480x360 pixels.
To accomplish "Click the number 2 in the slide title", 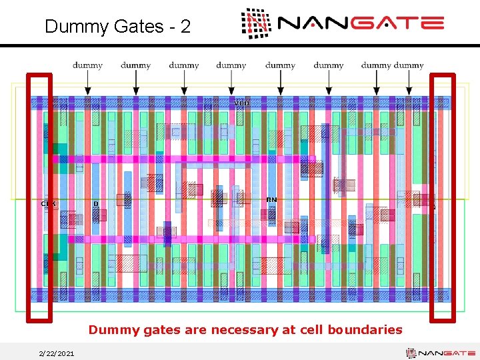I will [x=185, y=27].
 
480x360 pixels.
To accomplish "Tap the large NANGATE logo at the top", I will [x=342, y=24].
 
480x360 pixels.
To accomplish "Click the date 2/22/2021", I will [x=57, y=353].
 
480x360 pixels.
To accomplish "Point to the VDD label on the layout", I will [x=242, y=103].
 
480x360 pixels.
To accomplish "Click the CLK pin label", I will [x=49, y=203].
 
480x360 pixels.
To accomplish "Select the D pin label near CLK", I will [x=96, y=203].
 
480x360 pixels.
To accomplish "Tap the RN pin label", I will [x=271, y=200].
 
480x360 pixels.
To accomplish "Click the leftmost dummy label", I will [x=87, y=65].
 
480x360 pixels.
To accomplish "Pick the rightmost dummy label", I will [x=409, y=65].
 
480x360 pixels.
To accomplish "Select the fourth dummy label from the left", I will [x=231, y=65].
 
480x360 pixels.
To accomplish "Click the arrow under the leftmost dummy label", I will [x=87, y=83].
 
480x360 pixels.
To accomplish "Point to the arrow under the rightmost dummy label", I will [x=409, y=83].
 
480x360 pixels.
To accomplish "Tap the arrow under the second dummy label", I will [x=136, y=83].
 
